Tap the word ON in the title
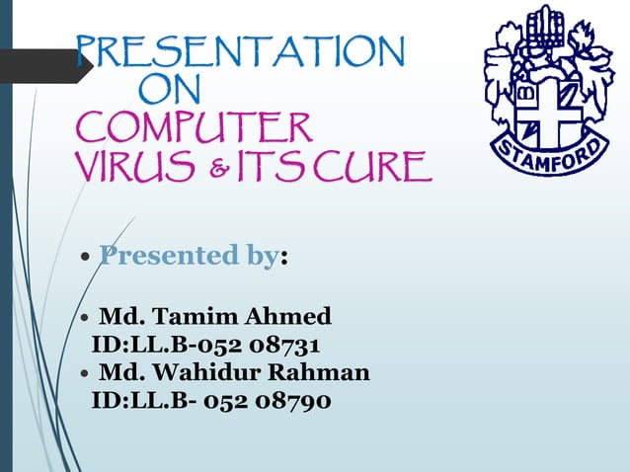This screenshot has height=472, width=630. (170, 92)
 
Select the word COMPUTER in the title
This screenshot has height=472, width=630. (195, 128)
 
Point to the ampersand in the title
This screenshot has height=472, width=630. (236, 169)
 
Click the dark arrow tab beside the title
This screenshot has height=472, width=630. (44, 65)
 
